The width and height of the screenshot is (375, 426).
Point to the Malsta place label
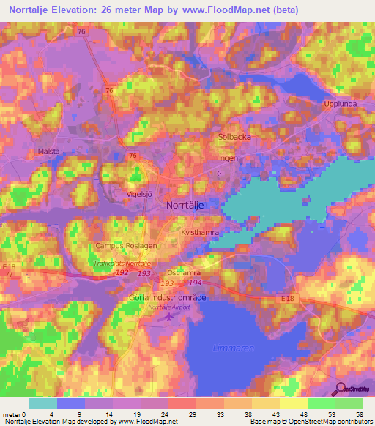point(48,152)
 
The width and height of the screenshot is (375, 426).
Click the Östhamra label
point(184,272)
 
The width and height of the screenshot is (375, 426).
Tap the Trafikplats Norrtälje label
point(122,263)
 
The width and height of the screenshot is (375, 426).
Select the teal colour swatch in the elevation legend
point(42,403)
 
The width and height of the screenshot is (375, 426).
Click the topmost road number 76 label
point(82,31)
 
